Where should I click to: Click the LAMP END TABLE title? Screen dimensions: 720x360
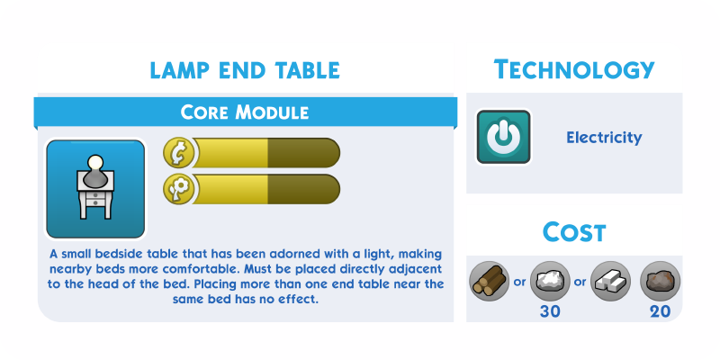click(245, 70)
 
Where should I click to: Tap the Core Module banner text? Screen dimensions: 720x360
click(244, 112)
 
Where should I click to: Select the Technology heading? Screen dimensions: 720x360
click(574, 69)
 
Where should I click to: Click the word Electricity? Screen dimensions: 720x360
click(604, 138)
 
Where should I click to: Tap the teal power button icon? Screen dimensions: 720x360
click(504, 137)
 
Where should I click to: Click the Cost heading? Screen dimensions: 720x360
click(574, 232)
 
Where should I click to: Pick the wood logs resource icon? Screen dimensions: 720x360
click(490, 281)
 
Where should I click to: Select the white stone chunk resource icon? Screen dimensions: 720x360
click(550, 281)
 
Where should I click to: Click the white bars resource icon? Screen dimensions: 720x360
click(610, 281)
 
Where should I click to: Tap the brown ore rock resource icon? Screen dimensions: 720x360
click(661, 281)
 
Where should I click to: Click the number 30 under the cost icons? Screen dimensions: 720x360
click(550, 311)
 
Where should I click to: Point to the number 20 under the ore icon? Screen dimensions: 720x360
click(661, 311)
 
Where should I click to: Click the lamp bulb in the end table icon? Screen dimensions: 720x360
click(95, 163)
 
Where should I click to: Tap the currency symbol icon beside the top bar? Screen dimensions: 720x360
click(178, 152)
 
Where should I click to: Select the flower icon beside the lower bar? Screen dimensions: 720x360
click(178, 189)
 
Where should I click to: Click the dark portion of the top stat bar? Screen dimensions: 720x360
click(303, 152)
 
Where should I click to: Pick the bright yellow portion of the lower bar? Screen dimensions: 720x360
click(230, 189)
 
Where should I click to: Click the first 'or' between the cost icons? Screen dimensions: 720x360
click(520, 282)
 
